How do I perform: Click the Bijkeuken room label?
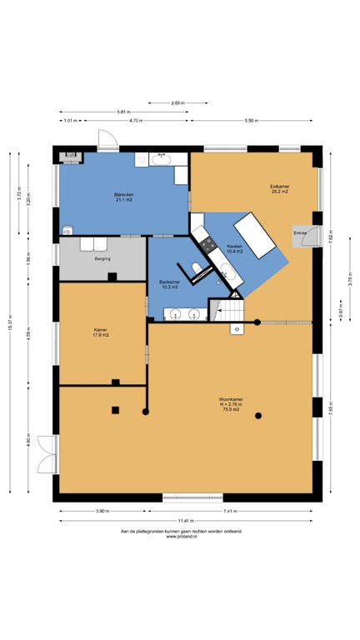124,197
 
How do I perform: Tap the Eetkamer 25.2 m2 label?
278,188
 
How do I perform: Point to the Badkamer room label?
170,285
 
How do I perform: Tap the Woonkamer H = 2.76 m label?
229,404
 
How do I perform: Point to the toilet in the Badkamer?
196,268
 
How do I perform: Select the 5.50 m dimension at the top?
252,121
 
